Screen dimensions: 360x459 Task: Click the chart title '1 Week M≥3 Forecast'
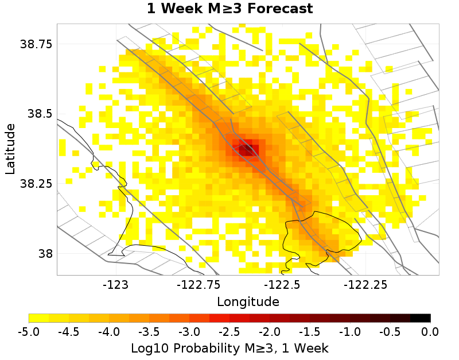click(x=229, y=9)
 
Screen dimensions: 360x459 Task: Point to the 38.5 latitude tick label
click(x=40, y=114)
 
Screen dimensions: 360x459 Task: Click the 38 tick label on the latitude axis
click(x=45, y=253)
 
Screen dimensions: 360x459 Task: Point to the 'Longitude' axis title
click(x=248, y=301)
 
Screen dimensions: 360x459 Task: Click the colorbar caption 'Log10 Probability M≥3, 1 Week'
click(x=229, y=349)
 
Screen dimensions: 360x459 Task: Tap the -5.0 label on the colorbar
click(x=29, y=332)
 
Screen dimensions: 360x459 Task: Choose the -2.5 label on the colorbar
click(x=229, y=332)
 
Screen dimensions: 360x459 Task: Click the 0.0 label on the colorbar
click(x=430, y=332)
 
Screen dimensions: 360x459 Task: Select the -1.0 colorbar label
click(x=350, y=332)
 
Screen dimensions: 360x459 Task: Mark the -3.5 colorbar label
click(x=149, y=332)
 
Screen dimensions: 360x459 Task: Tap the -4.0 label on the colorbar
click(x=109, y=332)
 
